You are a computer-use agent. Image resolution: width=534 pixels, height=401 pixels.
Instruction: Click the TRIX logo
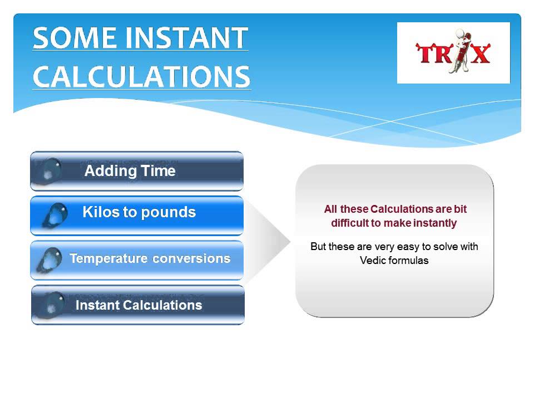click(453, 53)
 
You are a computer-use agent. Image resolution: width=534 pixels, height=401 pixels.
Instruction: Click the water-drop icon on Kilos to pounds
click(55, 215)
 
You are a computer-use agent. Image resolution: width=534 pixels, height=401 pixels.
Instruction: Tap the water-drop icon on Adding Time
click(52, 170)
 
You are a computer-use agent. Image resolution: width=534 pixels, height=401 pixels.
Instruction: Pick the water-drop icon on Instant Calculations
click(52, 304)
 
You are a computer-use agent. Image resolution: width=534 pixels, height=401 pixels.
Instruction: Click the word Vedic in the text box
click(373, 260)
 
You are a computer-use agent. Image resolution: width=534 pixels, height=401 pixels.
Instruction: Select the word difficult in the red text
click(351, 223)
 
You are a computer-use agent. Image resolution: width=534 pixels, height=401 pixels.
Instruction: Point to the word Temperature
click(108, 258)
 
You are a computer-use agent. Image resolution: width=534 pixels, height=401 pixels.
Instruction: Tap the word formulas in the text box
click(409, 260)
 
